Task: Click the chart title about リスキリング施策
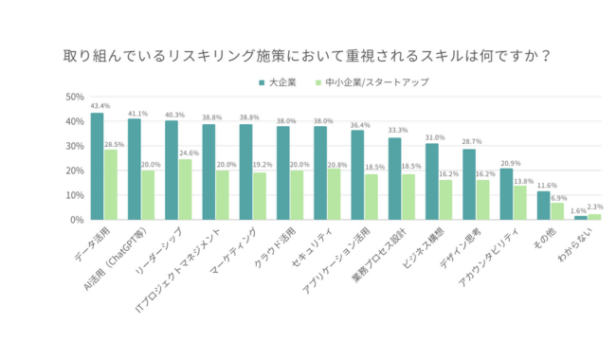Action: pyautogui.click(x=307, y=54)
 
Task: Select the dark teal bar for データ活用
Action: pyautogui.click(x=98, y=167)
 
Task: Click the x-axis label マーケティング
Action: pyautogui.click(x=237, y=249)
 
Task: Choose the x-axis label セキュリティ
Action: pyautogui.click(x=310, y=248)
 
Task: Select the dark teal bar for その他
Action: pyautogui.click(x=543, y=206)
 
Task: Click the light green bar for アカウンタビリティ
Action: pyautogui.click(x=519, y=203)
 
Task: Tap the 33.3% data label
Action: pyautogui.click(x=397, y=131)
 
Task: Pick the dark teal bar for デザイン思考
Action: pyautogui.click(x=469, y=185)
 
